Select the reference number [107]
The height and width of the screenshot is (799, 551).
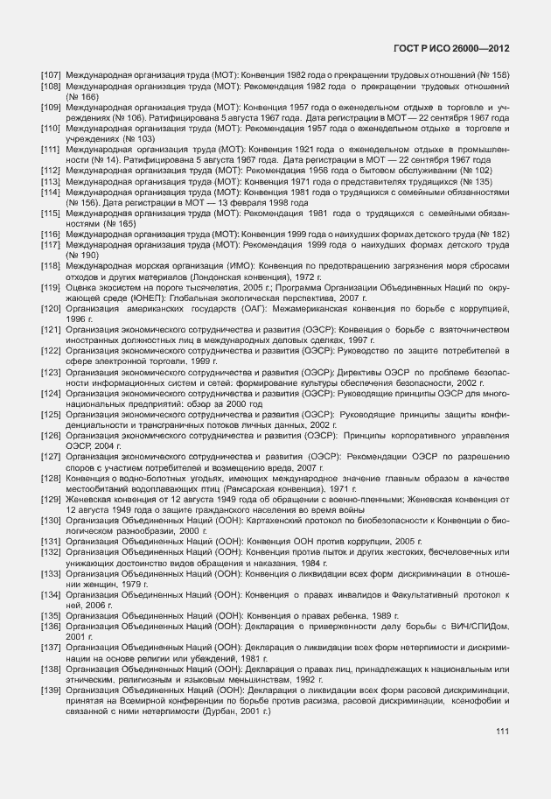pyautogui.click(x=51, y=76)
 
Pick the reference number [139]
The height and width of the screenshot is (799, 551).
pyautogui.click(x=51, y=690)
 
